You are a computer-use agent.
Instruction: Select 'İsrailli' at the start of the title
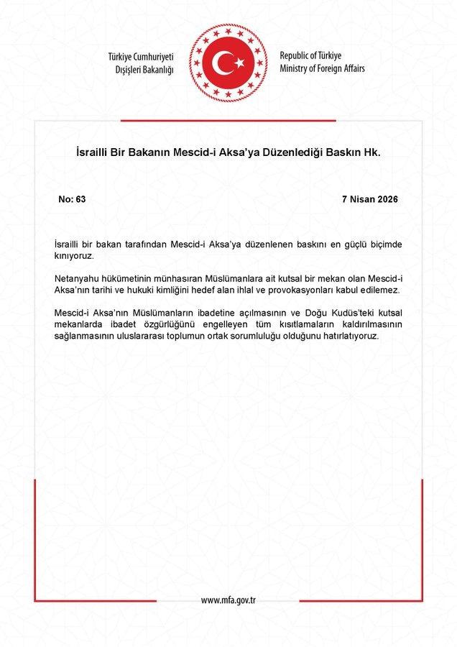[95, 153]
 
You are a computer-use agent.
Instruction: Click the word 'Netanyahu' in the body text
[79, 278]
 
